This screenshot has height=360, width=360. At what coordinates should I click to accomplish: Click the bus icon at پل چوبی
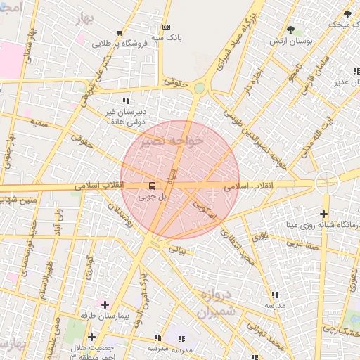tap(153, 186)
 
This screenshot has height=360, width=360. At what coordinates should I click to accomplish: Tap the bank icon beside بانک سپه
tap(166, 27)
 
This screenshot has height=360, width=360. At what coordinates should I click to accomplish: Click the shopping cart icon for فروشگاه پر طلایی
tap(120, 32)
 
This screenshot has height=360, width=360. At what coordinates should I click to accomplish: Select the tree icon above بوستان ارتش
tap(290, 30)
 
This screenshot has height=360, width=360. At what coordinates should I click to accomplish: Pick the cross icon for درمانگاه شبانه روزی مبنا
tap(323, 214)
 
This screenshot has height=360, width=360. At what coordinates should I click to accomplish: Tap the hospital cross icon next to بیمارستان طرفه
tap(105, 304)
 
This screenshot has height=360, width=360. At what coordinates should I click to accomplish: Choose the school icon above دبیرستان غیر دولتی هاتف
tap(126, 101)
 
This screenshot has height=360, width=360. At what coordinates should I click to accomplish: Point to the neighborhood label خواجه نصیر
tap(172, 141)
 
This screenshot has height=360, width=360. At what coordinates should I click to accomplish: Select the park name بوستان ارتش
tap(290, 42)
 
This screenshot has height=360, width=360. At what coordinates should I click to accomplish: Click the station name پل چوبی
tap(153, 198)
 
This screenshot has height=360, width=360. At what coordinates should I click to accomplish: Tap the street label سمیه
tap(39, 122)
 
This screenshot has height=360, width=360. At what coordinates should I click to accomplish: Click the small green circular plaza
tap(200, 88)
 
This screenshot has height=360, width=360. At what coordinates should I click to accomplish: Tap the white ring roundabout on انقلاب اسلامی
tap(327, 183)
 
